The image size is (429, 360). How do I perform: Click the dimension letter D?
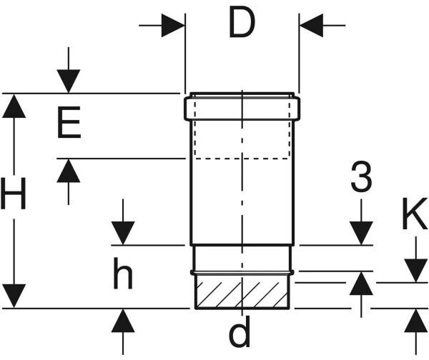[242, 25]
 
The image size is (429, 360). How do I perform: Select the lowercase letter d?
[243, 333]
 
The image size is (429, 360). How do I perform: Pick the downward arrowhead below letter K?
[415, 270]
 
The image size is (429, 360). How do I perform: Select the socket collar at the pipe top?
[242, 107]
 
